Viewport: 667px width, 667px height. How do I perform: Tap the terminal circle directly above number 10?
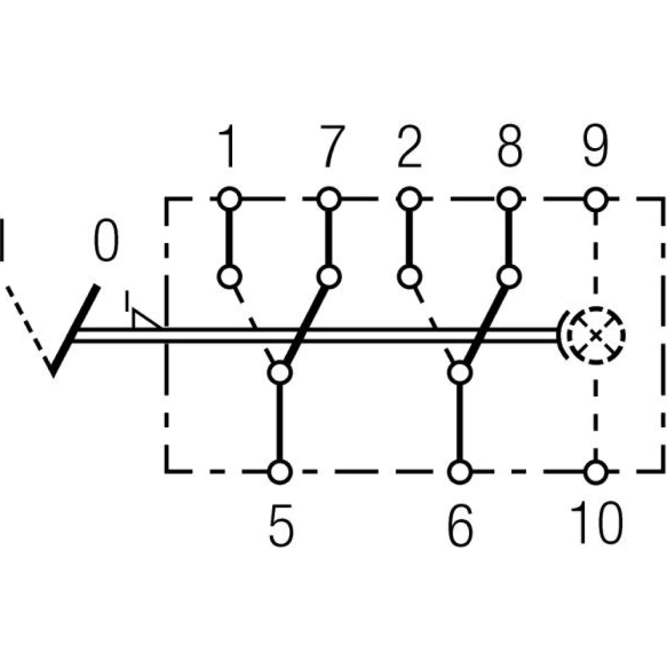596,472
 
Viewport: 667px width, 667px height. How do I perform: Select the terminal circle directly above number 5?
280,472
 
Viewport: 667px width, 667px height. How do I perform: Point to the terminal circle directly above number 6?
460,472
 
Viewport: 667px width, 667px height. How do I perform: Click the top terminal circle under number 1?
229,198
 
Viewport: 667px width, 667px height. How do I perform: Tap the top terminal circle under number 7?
329,198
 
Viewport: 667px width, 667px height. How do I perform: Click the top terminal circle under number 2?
410,198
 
